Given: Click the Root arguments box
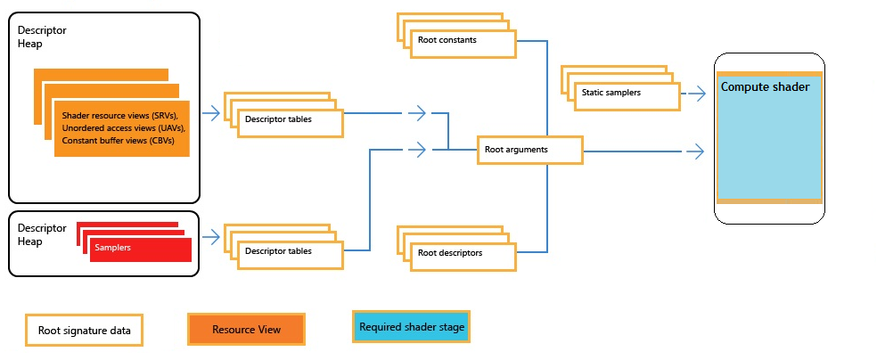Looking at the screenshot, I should tap(529, 151).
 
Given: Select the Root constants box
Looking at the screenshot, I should tap(462, 41).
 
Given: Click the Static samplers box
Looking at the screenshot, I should tap(625, 93).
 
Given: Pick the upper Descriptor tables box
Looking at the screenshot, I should tap(290, 120).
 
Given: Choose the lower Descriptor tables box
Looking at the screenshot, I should tap(290, 251).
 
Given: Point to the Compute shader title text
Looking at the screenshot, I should tap(765, 87).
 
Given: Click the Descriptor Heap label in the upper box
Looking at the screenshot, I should tap(42, 37).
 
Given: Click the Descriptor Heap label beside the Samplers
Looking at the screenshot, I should tap(42, 234).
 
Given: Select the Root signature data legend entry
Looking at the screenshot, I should tap(85, 331).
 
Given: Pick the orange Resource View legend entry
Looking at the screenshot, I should tap(246, 330).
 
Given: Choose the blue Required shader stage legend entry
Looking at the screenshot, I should tap(412, 327).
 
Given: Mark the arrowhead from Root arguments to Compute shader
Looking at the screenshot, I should tap(697, 151).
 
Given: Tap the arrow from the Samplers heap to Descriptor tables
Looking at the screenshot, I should tap(212, 237).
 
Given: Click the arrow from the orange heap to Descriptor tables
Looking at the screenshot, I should tap(212, 113).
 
